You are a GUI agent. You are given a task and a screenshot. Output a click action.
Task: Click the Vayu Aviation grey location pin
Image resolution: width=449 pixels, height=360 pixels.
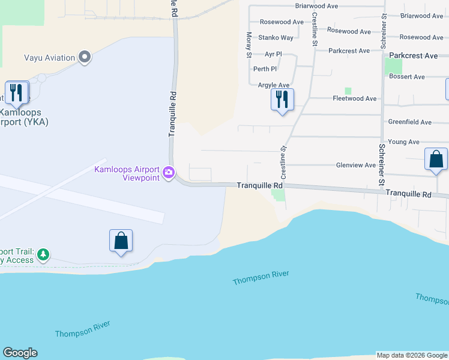coord(85,58)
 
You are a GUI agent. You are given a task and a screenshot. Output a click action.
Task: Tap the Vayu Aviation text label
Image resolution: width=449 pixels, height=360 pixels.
coord(50,58)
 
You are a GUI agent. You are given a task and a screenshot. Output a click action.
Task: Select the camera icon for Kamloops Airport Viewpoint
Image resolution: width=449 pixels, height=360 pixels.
coord(169,173)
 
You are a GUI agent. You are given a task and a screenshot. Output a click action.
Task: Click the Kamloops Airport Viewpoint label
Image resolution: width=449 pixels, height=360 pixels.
coord(127,173)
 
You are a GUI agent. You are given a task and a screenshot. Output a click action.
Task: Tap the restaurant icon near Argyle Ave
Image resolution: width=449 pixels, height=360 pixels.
coord(282,98)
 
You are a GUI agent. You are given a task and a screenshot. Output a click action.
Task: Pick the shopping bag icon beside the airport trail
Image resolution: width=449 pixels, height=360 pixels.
coord(121,241)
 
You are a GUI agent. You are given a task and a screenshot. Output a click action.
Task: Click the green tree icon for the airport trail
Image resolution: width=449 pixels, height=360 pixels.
coord(43,256)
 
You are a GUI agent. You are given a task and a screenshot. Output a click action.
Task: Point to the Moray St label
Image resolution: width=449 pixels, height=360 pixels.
coord(249,46)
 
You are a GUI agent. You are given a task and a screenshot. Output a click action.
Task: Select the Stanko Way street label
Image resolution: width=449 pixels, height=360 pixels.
coord(276,38)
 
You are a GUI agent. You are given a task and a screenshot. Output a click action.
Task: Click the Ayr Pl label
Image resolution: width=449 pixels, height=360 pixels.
coord(273,54)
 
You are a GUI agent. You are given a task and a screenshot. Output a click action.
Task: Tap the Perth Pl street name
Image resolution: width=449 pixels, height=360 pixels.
coord(265,69)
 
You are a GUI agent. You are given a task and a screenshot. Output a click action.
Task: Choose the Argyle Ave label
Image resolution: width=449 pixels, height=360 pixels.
coord(274,85)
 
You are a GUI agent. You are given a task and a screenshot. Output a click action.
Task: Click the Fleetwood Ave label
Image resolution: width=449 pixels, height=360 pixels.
coord(354,98)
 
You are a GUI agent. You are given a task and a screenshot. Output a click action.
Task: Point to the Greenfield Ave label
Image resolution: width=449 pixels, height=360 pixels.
coord(409,122)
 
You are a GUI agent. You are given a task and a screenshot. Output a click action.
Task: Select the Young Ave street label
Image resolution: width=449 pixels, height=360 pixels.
coord(403,142)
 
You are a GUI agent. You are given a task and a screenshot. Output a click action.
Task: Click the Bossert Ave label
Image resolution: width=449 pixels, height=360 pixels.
coord(406,77)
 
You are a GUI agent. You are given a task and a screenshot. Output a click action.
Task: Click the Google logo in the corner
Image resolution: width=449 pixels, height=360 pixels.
coord(20,353)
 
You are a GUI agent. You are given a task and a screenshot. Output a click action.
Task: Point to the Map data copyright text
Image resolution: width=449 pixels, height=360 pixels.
coord(412,355)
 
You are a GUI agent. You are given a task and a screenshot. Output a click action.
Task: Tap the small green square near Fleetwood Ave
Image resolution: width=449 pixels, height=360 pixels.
coord(348,91)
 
